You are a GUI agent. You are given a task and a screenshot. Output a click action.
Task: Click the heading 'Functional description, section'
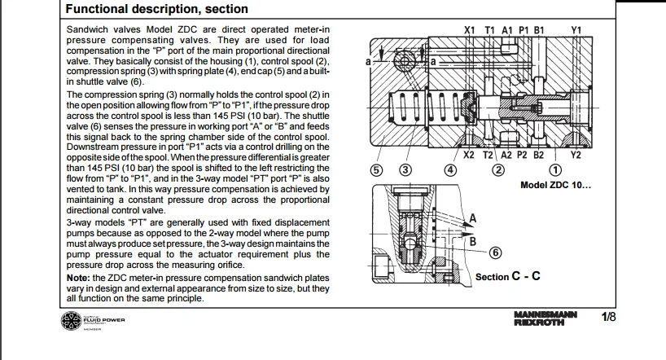(156, 10)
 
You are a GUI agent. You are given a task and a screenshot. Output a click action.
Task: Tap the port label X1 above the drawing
(470, 30)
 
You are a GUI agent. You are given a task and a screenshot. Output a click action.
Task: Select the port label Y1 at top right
(576, 30)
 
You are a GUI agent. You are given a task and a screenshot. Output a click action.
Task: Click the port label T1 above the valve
(489, 30)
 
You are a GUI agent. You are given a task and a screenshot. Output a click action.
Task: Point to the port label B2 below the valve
(538, 155)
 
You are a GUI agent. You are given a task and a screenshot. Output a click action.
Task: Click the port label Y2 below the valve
(576, 155)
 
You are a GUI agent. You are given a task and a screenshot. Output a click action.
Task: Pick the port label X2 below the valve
(469, 155)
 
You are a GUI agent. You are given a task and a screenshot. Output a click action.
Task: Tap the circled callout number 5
(375, 169)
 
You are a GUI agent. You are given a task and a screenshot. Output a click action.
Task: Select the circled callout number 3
(405, 169)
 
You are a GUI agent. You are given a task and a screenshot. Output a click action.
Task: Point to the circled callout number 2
(496, 169)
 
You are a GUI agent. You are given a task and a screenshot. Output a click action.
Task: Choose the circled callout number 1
(555, 169)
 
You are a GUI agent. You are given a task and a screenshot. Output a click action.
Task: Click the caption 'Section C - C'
(507, 276)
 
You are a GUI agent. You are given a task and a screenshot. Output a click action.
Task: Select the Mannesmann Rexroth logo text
(546, 318)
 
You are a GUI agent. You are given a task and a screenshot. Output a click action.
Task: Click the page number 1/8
(609, 317)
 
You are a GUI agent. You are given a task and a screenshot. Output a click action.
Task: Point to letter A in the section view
(472, 218)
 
